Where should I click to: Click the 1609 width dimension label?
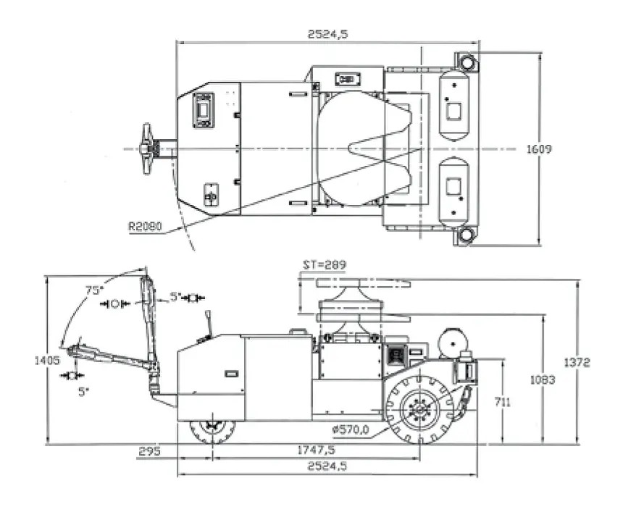[539, 149]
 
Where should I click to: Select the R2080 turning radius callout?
[145, 226]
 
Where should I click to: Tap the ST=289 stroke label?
[325, 264]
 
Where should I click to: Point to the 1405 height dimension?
[47, 361]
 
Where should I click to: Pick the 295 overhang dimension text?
[149, 451]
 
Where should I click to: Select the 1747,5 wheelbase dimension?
[317, 450]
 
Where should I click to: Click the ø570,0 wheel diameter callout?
[351, 429]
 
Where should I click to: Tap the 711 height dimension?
[502, 403]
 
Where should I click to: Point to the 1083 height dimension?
[543, 380]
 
